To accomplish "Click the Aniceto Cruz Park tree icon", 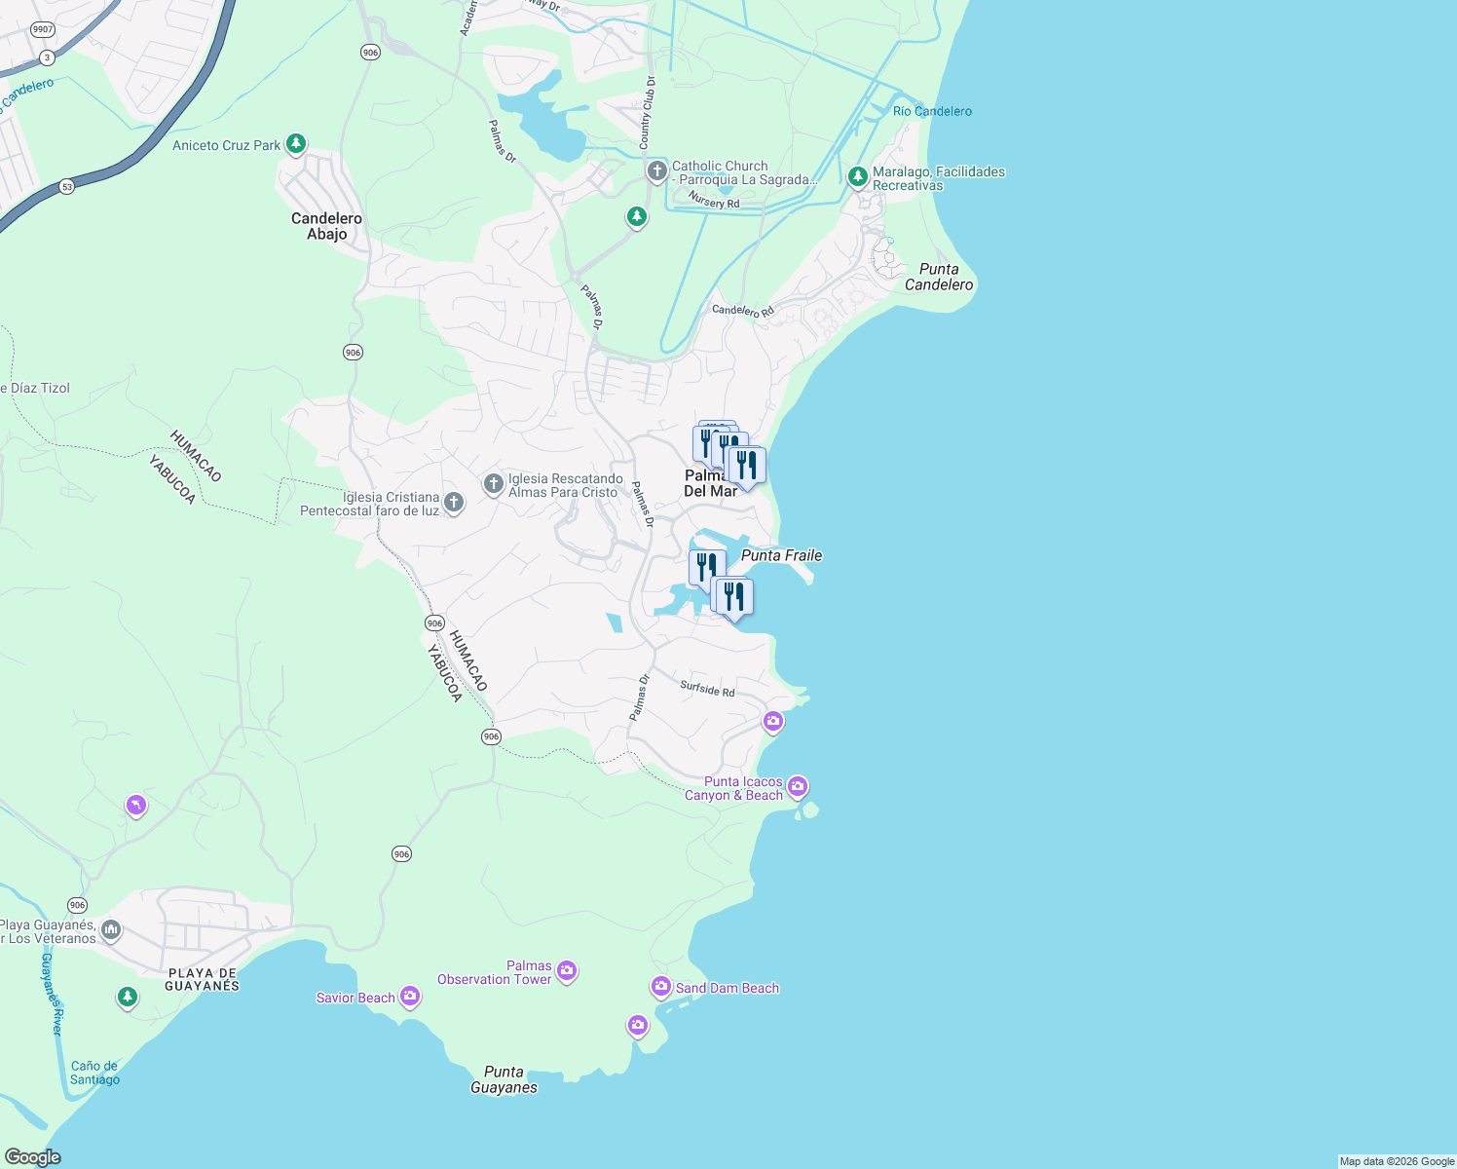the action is pos(296,144).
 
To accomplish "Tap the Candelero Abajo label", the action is pos(326,226).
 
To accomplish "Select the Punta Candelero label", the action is pos(939,277).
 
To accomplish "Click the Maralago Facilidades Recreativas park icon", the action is pos(857,176).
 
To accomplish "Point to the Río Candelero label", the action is pos(932,111).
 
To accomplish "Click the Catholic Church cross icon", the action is pos(657,172).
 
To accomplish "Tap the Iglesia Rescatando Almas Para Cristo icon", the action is pos(494,483).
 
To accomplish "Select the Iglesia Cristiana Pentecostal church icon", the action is pos(453,503).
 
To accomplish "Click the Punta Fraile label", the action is pos(781,555).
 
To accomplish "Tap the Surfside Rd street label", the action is pos(707,689).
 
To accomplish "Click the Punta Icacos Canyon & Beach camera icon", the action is pos(798,785).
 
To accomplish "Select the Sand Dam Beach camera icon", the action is pos(661,987).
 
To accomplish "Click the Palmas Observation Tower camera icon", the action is pos(567,970).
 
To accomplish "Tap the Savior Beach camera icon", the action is pos(410,996).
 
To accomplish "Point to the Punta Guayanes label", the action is pos(504,1079).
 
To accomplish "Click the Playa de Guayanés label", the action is pos(202,979).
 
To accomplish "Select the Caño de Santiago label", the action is pos(94,1073).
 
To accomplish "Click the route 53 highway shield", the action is pos(66,186).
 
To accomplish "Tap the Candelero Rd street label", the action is pos(742,311).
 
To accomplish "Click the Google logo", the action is pos(33,1157).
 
